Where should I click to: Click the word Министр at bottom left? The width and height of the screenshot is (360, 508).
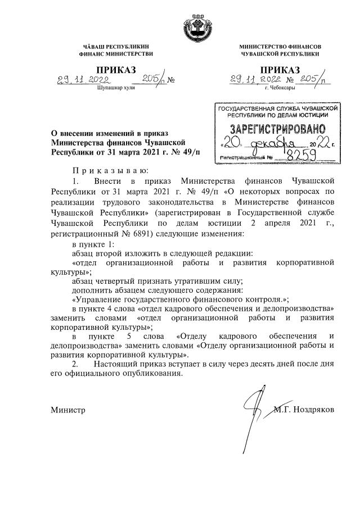pos(68,410)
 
